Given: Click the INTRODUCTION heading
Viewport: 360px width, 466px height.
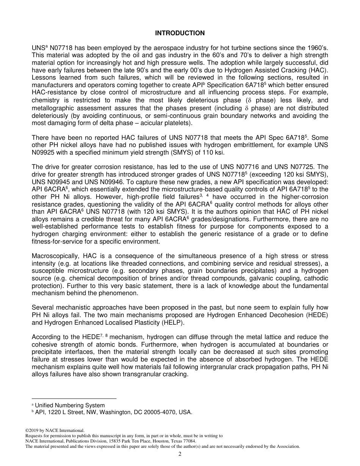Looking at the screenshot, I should pyautogui.click(x=180, y=33).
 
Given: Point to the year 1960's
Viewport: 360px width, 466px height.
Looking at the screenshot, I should pyautogui.click(x=316, y=48).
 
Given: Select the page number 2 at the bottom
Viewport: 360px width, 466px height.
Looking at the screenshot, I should pyautogui.click(x=180, y=454).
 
